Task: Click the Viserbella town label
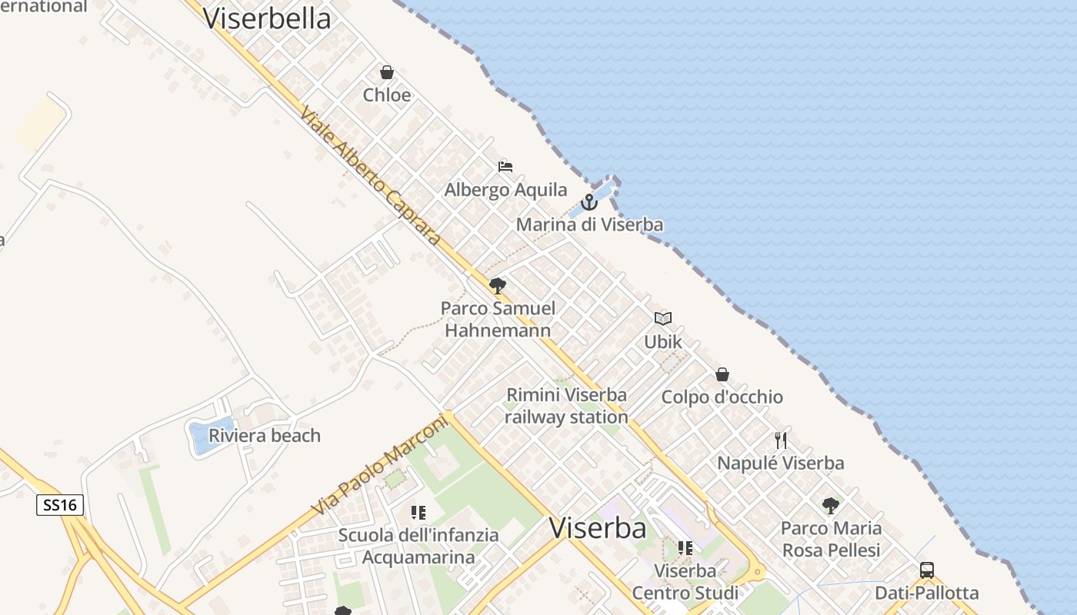click(267, 18)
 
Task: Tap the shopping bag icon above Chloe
click(387, 72)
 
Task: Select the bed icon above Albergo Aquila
click(505, 166)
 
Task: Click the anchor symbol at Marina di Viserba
click(589, 202)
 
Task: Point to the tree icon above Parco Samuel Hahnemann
click(498, 286)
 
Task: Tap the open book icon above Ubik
click(663, 318)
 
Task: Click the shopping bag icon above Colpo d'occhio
click(722, 374)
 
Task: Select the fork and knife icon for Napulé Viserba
click(781, 440)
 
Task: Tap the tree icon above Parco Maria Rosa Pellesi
click(831, 506)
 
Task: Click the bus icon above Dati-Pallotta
click(927, 570)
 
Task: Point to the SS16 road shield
click(60, 505)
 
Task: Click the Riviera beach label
click(265, 436)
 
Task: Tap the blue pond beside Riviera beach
click(202, 437)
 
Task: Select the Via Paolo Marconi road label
click(380, 465)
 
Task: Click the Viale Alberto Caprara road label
click(370, 175)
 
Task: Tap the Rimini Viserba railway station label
click(566, 406)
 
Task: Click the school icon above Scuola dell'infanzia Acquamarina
click(418, 512)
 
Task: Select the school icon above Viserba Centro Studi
click(685, 548)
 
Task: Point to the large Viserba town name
click(598, 528)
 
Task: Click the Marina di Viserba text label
click(589, 225)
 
